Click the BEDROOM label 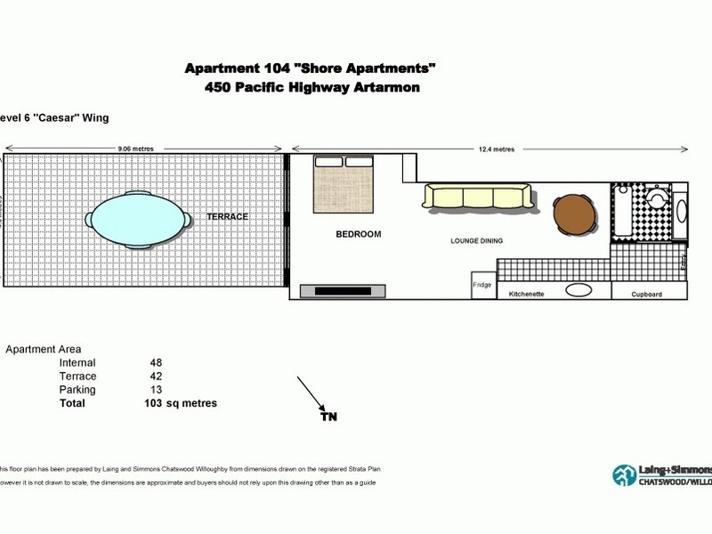[x=358, y=234]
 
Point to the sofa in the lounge [x=477, y=197]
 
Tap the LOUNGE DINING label [x=476, y=241]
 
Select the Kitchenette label [x=526, y=293]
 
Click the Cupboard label [x=646, y=293]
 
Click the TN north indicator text [x=328, y=416]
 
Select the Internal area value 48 [x=157, y=363]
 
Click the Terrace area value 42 [x=157, y=376]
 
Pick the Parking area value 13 [x=157, y=390]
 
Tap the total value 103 [x=153, y=403]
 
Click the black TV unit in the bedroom [x=344, y=289]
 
